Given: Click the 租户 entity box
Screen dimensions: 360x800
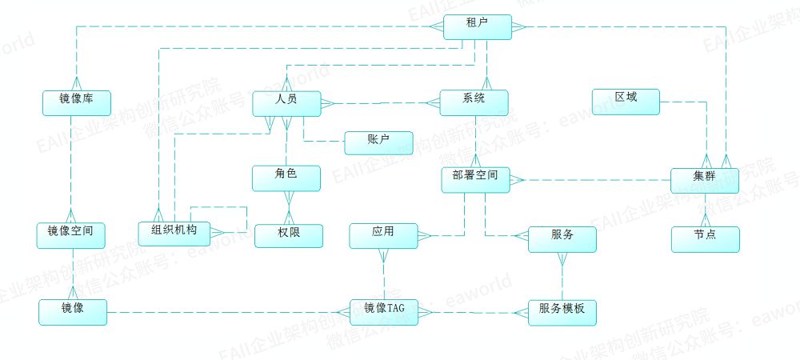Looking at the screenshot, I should [477, 26].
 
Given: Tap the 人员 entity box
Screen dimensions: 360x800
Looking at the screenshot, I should [286, 102].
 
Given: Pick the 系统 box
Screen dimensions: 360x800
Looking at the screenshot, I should [474, 102].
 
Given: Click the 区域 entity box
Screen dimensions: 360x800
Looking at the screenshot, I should [626, 101].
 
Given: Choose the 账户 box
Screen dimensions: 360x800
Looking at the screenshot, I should [378, 142].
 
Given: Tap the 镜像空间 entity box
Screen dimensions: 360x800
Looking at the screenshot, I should [71, 234].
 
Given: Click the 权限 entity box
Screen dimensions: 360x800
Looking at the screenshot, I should [289, 235].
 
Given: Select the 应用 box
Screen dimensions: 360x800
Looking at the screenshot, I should [383, 235].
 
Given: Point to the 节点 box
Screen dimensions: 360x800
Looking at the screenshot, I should [705, 238].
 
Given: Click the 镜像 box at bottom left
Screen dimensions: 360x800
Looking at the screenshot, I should [73, 311].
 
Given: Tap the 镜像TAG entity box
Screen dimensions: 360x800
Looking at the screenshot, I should [384, 312].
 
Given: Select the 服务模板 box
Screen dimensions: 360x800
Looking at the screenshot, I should [562, 312].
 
